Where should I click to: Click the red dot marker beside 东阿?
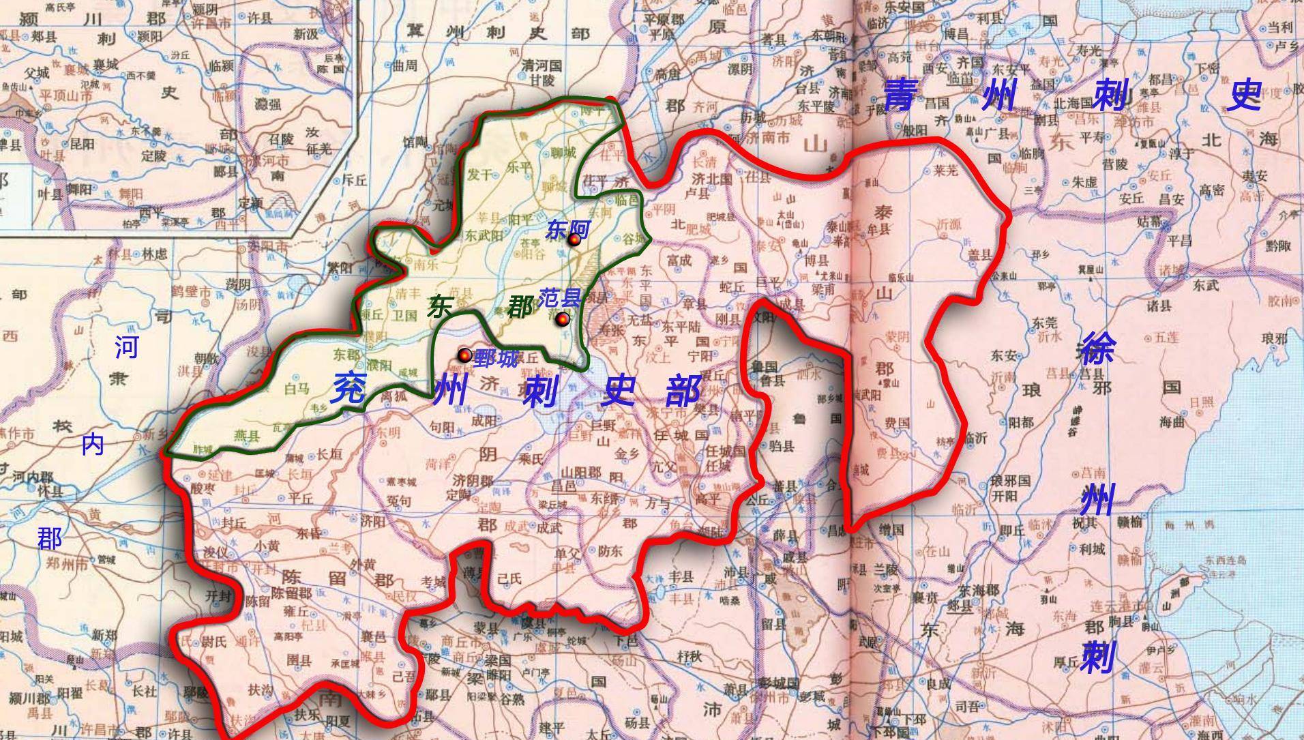[574, 239]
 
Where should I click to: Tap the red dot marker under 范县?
[563, 319]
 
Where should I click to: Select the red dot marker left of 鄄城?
[464, 355]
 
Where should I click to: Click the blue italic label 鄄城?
[496, 358]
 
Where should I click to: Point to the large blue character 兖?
[349, 389]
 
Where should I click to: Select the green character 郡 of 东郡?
[520, 308]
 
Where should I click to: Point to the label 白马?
[297, 389]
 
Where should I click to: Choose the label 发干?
[479, 175]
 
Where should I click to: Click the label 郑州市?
[68, 564]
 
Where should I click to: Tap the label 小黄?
[267, 546]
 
